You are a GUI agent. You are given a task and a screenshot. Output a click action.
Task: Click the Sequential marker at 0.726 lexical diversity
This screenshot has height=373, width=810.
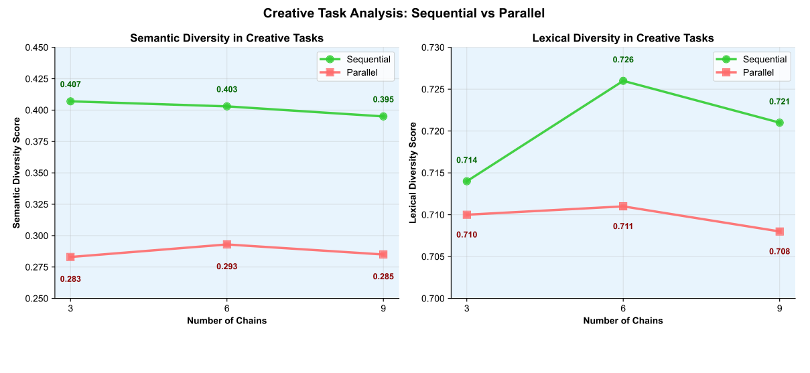coord(623,81)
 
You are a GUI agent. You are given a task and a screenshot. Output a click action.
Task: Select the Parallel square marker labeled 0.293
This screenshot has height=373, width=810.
coord(227,244)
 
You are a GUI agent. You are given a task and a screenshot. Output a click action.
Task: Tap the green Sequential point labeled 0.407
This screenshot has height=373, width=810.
coord(70,101)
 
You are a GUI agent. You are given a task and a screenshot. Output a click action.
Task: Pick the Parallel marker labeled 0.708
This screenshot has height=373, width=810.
coord(779,232)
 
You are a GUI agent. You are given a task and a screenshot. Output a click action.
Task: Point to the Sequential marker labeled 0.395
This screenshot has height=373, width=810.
coord(383,117)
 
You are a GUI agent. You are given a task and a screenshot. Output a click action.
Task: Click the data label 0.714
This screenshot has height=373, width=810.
coord(466,161)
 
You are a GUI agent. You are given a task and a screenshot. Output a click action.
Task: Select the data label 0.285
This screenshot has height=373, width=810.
coord(383,277)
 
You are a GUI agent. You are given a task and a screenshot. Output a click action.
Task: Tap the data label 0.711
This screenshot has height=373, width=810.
coord(623,226)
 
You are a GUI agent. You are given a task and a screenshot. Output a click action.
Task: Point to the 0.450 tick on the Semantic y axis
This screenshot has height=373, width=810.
coord(35,48)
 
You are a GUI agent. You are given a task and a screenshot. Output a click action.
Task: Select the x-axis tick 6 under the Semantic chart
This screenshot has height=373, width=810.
coord(227,307)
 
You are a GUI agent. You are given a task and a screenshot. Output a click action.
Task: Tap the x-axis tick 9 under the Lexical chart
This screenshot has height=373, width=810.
coord(779,307)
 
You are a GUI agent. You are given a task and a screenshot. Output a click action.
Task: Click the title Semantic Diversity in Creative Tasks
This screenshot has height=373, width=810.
coord(227,38)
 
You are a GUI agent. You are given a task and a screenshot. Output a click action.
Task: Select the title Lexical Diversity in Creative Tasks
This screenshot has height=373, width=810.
coord(623,38)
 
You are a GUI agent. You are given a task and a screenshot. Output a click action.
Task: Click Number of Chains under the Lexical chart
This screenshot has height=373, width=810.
coord(623,321)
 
